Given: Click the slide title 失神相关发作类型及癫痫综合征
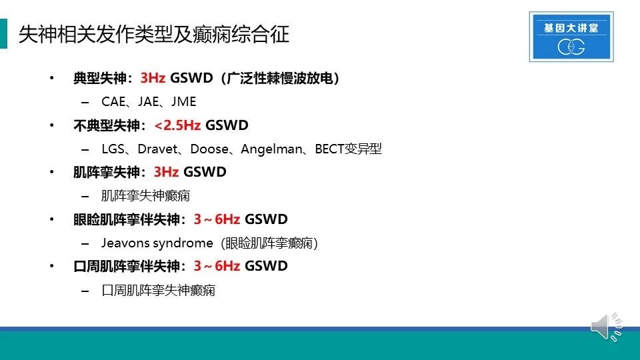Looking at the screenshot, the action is [x=154, y=34].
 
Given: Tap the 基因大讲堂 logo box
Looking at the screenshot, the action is [x=571, y=37].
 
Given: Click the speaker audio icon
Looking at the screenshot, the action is [x=607, y=327].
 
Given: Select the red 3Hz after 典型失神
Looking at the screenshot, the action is [x=153, y=77].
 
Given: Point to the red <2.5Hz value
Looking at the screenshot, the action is [x=177, y=125].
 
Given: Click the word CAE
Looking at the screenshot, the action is [x=113, y=101].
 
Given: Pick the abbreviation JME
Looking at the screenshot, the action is [x=184, y=101].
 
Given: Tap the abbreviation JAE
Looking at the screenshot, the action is [x=148, y=101].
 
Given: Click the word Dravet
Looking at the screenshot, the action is [x=157, y=149].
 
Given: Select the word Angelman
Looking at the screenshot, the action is [x=271, y=149].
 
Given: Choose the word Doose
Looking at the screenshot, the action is [x=209, y=149].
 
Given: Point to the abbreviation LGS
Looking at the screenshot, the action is [x=113, y=149].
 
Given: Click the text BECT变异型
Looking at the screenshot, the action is [x=348, y=149].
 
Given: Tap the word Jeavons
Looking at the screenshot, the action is [x=126, y=243].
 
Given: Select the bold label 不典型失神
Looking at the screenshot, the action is [x=106, y=125].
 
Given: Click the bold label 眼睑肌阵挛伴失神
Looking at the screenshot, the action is [x=127, y=219].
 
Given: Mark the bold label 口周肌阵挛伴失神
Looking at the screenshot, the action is [x=127, y=266].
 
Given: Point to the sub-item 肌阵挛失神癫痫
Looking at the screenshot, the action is [x=146, y=196].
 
